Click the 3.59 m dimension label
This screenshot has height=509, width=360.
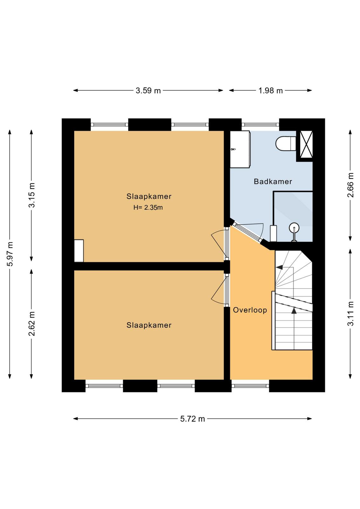click(148, 91)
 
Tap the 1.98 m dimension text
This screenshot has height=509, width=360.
click(271, 91)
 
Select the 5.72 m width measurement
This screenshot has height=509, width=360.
click(192, 419)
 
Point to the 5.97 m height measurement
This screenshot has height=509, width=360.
click(10, 254)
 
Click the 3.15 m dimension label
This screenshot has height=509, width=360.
click(31, 195)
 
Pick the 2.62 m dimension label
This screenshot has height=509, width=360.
click(31, 324)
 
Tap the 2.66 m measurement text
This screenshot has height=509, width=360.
click(350, 185)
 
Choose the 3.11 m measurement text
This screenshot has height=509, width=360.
click(350, 314)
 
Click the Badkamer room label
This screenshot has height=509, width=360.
click(273, 182)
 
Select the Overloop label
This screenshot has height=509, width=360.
click(250, 310)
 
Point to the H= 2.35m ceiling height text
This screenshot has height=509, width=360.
click(148, 207)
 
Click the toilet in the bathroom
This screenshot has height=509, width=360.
click(286, 143)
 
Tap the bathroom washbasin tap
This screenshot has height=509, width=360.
click(233, 149)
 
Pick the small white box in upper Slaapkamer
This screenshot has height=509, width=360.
click(79, 251)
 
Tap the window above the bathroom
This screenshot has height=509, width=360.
click(260, 124)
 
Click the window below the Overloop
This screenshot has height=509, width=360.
click(250, 386)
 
